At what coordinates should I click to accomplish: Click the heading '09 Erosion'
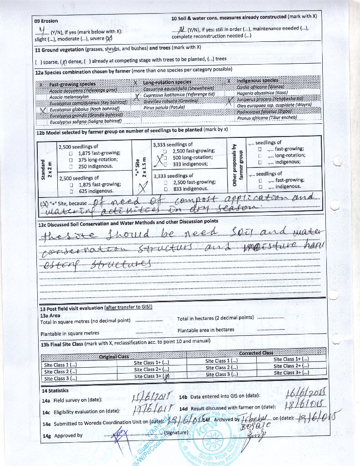(46, 21)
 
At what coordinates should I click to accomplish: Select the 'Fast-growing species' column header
(72, 84)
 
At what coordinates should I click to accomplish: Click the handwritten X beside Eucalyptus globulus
(43, 110)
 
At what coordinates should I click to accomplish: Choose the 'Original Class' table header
(114, 357)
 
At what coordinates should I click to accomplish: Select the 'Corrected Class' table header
(256, 353)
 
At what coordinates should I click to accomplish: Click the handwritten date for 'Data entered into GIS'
(306, 393)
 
